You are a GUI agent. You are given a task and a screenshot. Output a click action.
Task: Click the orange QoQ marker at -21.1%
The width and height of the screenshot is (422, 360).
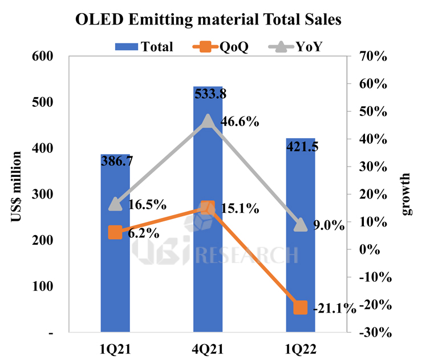301,308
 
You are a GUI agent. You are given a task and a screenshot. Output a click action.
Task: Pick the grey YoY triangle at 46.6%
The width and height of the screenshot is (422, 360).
208,121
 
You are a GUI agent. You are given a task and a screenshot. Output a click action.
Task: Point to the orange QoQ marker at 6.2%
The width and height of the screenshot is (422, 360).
115,232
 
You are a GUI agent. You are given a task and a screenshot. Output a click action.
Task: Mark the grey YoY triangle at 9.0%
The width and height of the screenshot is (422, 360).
301,225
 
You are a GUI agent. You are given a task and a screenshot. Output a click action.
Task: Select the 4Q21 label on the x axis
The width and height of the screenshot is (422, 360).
208,348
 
